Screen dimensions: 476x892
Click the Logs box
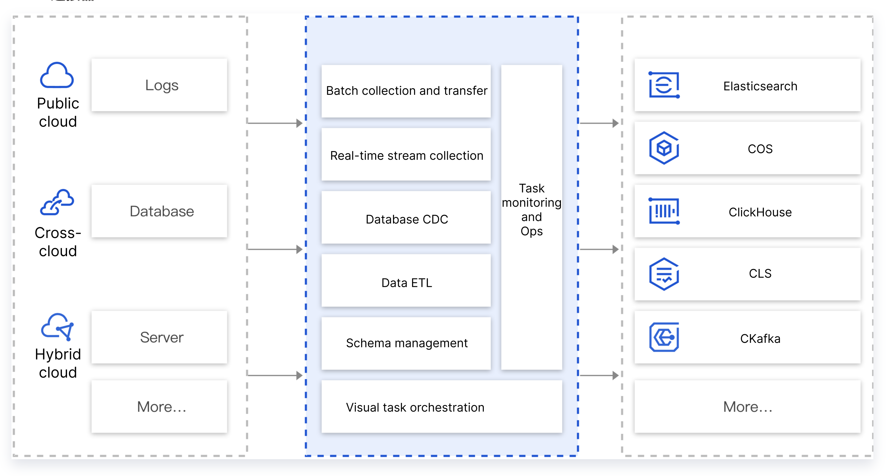(x=159, y=85)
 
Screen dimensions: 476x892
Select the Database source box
(x=159, y=211)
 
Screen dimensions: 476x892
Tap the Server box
(x=159, y=337)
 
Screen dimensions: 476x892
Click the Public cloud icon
(x=57, y=76)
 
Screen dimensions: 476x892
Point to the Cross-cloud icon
(x=57, y=202)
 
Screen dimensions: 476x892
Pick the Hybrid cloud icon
(x=57, y=326)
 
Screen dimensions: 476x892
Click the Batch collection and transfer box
(x=406, y=91)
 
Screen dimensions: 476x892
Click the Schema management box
(x=406, y=343)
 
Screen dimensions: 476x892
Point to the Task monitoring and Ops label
(x=531, y=210)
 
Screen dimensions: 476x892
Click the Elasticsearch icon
(x=664, y=85)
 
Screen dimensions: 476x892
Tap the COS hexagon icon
(x=664, y=148)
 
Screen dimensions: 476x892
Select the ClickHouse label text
(x=760, y=212)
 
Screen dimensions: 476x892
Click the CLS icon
(x=664, y=274)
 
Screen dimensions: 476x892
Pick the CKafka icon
(x=664, y=337)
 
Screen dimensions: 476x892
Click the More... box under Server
(x=159, y=407)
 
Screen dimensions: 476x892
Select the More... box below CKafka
(x=747, y=407)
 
